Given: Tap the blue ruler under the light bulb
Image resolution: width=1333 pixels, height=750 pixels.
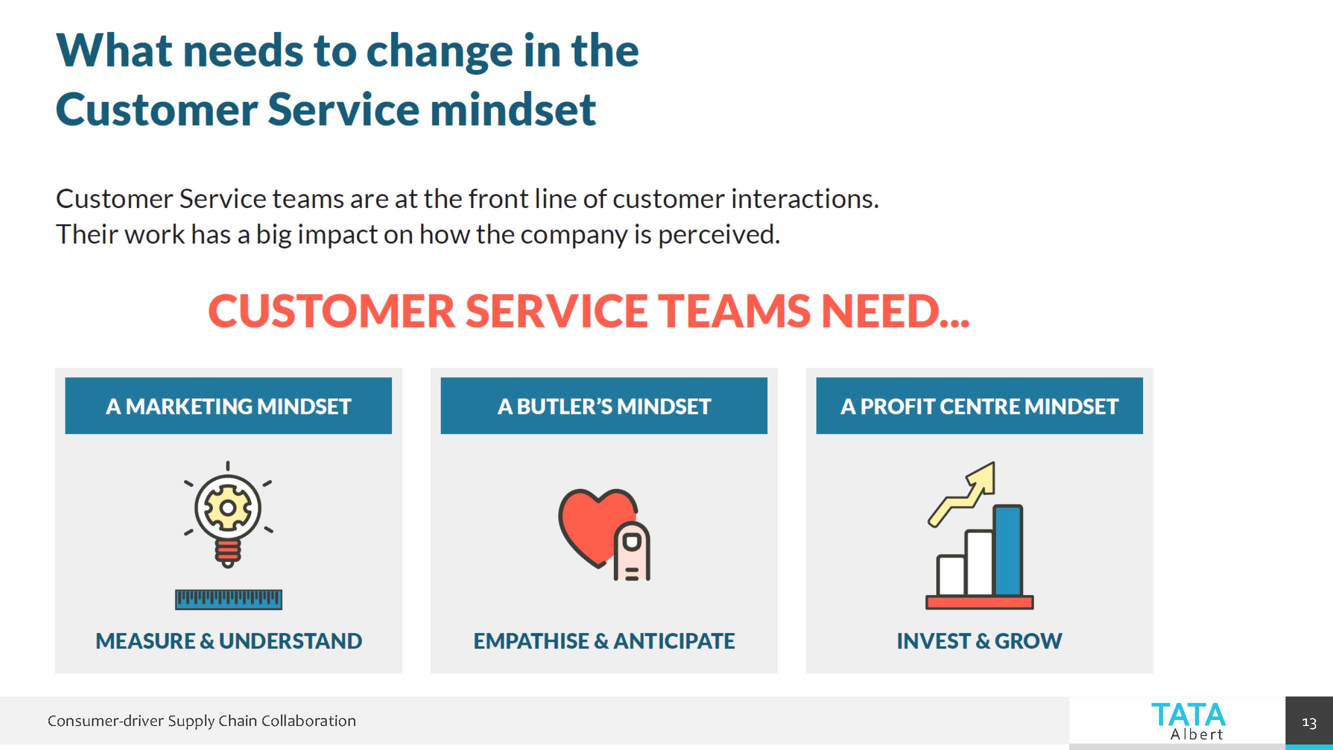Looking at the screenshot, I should pyautogui.click(x=228, y=599).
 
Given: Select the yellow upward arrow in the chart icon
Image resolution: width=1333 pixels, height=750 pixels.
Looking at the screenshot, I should pyautogui.click(x=965, y=491).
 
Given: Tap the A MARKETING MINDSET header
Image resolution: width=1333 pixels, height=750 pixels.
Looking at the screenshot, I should pyautogui.click(x=228, y=406).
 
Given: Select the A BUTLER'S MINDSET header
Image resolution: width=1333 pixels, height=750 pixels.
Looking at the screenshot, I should pyautogui.click(x=604, y=406).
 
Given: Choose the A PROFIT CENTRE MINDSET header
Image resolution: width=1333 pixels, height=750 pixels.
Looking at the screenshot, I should pyautogui.click(x=979, y=406).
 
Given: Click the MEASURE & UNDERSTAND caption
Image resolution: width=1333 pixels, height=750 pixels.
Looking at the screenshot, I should pyautogui.click(x=228, y=641).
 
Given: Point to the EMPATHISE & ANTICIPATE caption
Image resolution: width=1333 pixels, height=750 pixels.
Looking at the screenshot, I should pyautogui.click(x=604, y=641).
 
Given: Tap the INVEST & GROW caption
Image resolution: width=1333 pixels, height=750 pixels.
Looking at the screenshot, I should pyautogui.click(x=979, y=641).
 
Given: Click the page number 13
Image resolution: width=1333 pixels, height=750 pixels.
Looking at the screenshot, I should pyautogui.click(x=1309, y=722).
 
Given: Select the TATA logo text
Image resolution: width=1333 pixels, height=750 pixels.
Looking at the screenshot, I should pyautogui.click(x=1188, y=715).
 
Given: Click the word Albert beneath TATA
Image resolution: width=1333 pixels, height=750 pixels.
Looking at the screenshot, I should pyautogui.click(x=1197, y=734).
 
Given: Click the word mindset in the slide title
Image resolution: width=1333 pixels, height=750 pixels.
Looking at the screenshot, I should pyautogui.click(x=513, y=109).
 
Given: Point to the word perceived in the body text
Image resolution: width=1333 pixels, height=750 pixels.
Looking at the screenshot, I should pyautogui.click(x=718, y=234).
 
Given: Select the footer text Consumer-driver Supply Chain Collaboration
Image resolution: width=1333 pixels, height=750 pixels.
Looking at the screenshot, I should pyautogui.click(x=202, y=720).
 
